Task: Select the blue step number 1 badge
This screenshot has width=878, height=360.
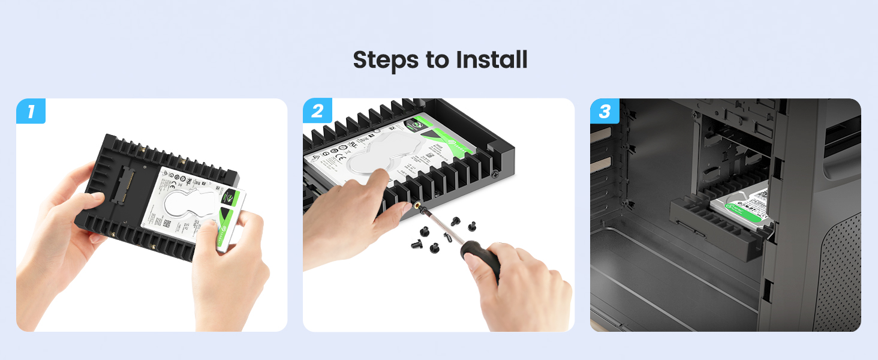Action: [31, 111]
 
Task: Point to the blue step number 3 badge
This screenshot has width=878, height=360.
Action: [605, 111]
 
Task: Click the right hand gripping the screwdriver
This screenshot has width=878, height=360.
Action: [516, 288]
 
